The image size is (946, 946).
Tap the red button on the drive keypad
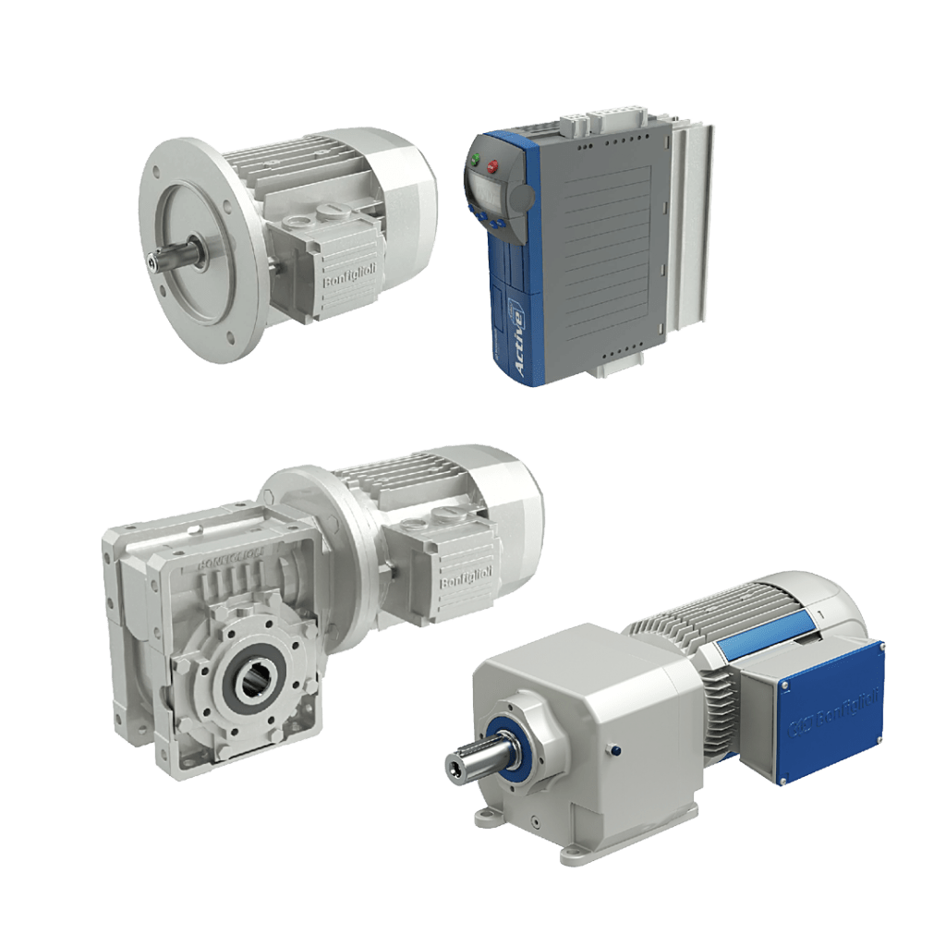493,167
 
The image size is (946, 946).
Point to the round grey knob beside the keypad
522,199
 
